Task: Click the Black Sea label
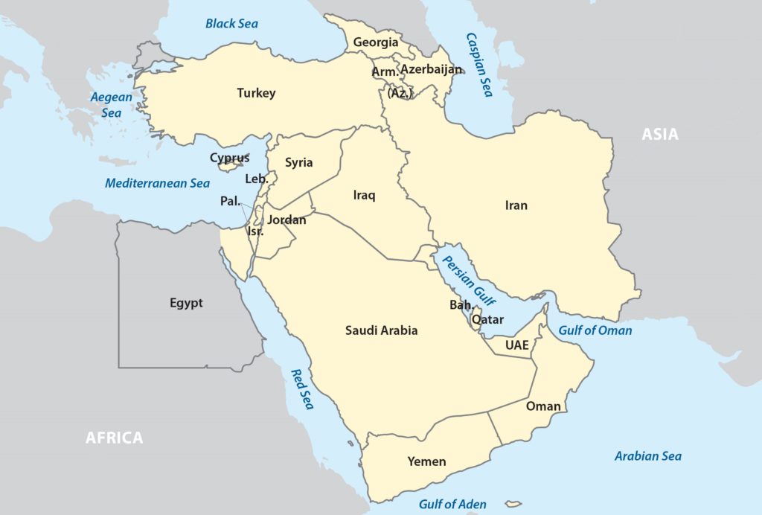click(231, 23)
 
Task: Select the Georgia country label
click(376, 42)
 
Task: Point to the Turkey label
click(256, 93)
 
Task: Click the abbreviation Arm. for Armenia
click(385, 71)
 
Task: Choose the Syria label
click(299, 162)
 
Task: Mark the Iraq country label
click(364, 196)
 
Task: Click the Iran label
click(516, 205)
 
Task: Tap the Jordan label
click(286, 220)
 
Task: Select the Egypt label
click(186, 303)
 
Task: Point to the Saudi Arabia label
click(381, 330)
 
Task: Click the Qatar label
click(488, 319)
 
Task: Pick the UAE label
click(516, 345)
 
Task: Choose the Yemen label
click(426, 461)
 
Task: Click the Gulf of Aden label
click(452, 504)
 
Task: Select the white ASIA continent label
click(660, 135)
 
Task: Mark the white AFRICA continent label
click(114, 438)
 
